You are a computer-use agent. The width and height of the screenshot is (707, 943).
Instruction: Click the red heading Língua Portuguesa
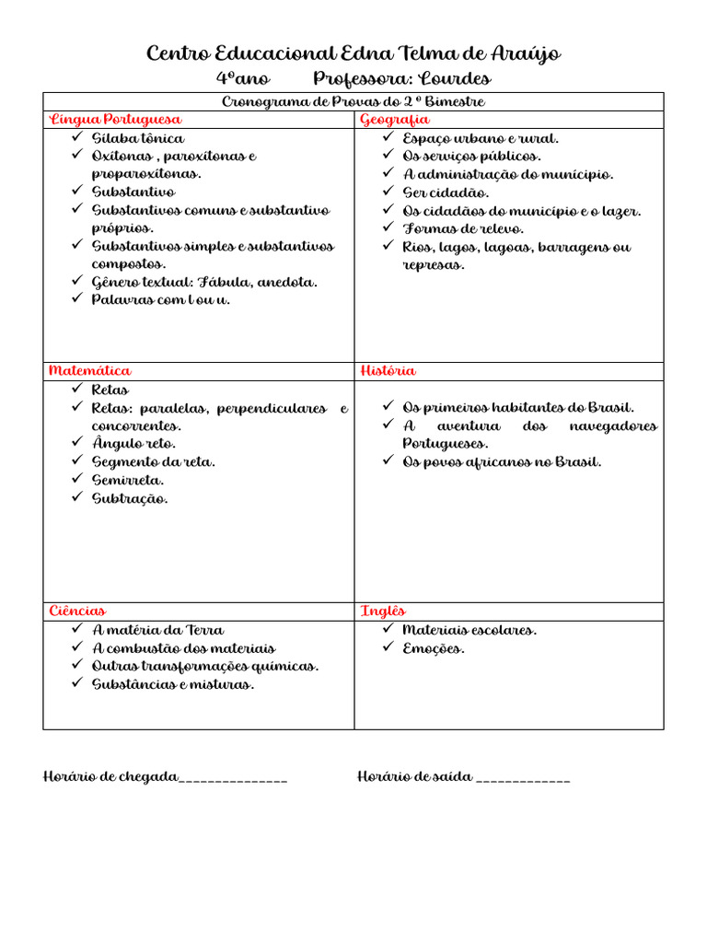[x=115, y=120]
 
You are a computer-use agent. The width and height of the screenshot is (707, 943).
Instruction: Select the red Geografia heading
[x=394, y=120]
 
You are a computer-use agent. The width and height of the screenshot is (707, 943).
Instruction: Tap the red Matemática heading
[x=89, y=371]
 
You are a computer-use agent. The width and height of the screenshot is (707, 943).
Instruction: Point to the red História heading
[x=388, y=371]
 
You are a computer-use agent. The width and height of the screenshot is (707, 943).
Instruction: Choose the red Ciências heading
[x=77, y=611]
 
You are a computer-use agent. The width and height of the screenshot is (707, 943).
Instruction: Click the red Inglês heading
[x=383, y=611]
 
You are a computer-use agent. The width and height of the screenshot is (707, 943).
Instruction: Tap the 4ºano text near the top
[x=243, y=79]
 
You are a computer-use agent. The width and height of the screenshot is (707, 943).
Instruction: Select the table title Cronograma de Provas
[x=353, y=101]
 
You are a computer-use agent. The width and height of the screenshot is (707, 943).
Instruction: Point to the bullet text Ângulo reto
[x=133, y=444]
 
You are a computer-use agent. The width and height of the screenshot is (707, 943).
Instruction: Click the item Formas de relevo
[x=463, y=228]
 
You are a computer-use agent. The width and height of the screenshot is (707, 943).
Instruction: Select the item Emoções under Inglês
[x=434, y=648]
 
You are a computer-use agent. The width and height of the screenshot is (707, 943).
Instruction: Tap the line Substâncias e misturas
[x=173, y=684]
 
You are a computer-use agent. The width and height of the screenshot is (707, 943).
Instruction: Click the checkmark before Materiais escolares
[x=388, y=630]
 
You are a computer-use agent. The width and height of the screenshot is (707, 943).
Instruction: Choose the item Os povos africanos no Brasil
[x=502, y=462]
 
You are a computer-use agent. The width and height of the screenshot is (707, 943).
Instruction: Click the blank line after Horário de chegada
[x=234, y=779]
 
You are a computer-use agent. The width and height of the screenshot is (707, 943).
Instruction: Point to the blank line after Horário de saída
[x=524, y=779]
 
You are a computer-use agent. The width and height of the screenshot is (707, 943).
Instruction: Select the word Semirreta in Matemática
[x=128, y=480]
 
